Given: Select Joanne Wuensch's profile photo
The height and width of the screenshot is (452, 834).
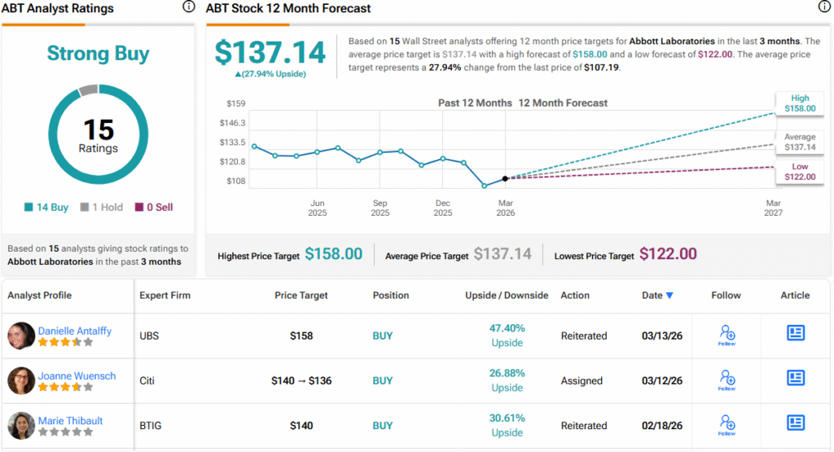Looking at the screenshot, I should (21, 380).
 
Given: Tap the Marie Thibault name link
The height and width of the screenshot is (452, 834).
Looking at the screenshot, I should (72, 420).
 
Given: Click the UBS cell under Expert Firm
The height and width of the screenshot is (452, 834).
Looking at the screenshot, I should (150, 336).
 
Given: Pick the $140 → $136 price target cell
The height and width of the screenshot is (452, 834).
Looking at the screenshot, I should (301, 380).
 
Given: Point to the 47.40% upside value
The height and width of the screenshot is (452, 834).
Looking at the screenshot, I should (507, 328).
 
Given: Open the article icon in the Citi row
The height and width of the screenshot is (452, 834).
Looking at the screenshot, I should (796, 378).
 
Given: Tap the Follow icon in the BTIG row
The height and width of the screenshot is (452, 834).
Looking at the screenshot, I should (726, 423).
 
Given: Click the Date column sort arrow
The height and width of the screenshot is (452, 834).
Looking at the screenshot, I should (669, 296).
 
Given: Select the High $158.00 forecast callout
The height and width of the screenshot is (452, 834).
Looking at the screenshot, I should (799, 103).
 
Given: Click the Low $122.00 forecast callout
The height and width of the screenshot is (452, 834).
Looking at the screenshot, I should (799, 172).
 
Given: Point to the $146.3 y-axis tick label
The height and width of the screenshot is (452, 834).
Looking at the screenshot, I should (233, 123).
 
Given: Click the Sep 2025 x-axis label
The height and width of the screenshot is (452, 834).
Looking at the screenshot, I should (380, 208).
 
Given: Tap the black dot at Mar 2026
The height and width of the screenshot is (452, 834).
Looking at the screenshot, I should (505, 178).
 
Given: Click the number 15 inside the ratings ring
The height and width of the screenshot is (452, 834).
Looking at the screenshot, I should (98, 129).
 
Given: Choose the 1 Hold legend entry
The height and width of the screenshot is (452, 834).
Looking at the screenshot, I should (103, 208).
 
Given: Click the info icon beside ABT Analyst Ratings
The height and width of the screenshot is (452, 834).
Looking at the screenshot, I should (189, 7).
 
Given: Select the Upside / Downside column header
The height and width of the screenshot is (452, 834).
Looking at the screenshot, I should (507, 295).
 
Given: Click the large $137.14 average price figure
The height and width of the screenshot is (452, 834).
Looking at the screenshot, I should (270, 53).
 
